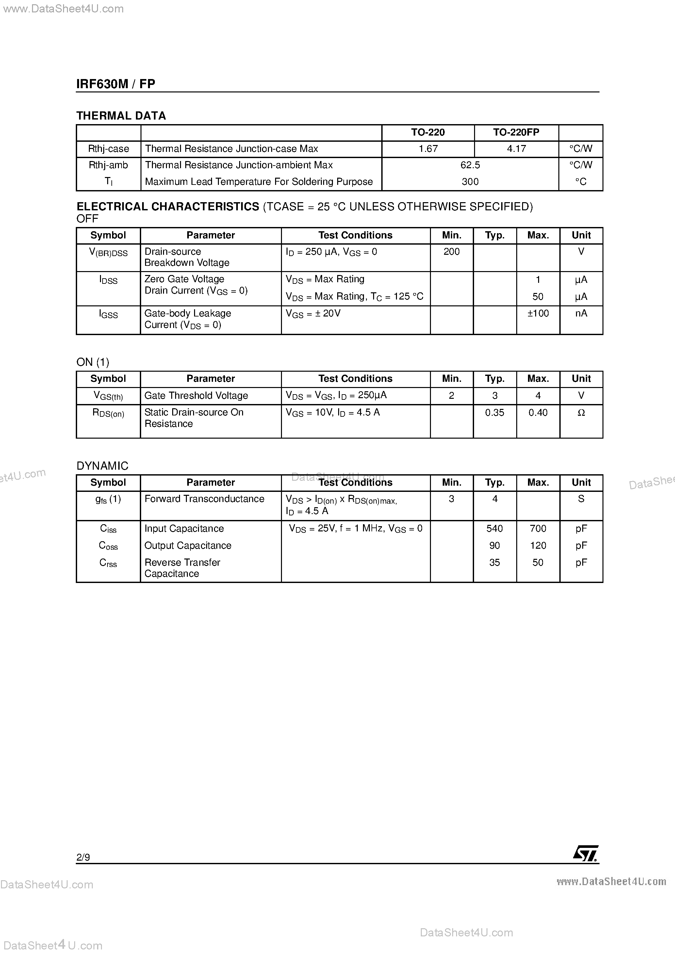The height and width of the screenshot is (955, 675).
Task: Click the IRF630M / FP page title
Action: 116,84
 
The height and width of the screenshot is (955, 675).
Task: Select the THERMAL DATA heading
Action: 121,116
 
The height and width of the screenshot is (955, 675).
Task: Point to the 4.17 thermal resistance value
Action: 517,149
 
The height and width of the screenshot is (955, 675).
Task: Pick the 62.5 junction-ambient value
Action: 470,165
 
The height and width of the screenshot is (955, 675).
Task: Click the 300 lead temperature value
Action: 470,182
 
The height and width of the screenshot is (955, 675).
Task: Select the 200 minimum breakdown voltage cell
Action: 452,251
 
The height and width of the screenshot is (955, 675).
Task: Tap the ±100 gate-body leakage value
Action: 538,313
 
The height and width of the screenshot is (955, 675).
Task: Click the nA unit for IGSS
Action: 581,313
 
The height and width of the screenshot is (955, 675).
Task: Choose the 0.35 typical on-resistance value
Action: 494,413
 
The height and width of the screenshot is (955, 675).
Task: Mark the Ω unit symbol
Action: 581,413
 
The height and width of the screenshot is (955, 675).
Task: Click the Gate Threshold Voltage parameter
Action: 196,396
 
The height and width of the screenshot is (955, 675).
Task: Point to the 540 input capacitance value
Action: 494,529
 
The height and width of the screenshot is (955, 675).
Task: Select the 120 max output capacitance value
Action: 538,545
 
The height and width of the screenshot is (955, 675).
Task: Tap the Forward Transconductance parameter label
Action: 204,499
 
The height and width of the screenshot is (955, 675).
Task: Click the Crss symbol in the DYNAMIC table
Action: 108,563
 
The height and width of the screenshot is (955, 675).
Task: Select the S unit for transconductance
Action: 581,499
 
